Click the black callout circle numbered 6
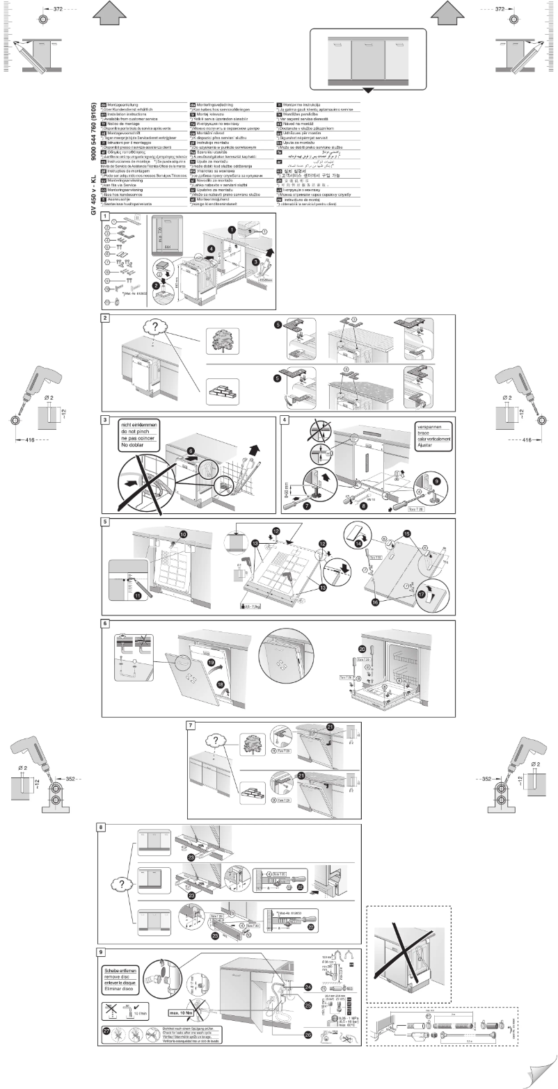[191, 451]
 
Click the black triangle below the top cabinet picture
[368, 90]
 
